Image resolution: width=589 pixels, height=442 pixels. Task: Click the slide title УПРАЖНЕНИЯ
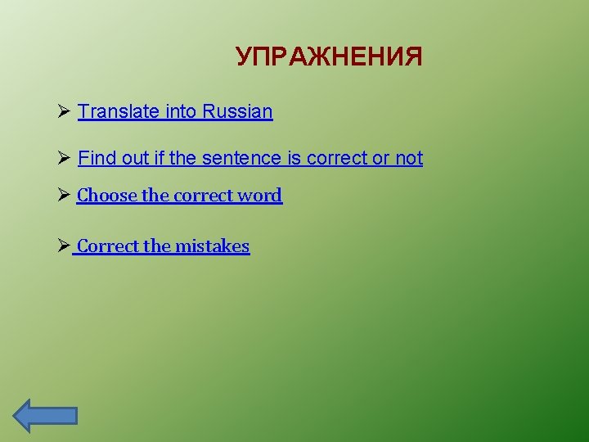(329, 57)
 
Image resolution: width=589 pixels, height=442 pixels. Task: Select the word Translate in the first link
(119, 111)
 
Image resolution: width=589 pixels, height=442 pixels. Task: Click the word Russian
(238, 111)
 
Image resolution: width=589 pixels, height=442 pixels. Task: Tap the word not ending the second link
(409, 158)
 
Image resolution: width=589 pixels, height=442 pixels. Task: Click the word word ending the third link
(260, 196)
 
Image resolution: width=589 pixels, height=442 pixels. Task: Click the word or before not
(381, 158)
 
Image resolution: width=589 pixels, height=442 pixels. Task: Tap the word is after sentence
(294, 158)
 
